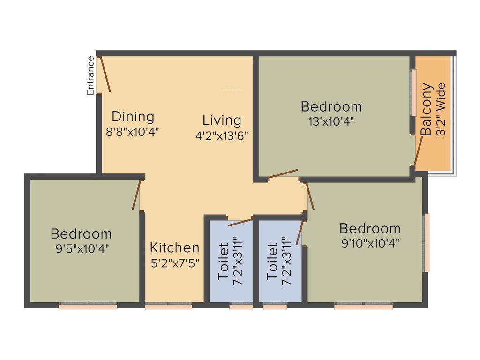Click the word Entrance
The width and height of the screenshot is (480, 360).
(x=90, y=75)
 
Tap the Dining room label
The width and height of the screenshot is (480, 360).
(x=133, y=116)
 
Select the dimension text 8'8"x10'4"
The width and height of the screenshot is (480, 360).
(x=133, y=132)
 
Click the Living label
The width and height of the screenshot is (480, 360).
(x=222, y=120)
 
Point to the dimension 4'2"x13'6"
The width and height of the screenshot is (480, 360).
(x=222, y=136)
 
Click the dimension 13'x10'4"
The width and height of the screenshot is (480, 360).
(x=331, y=121)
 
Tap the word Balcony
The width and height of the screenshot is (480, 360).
(x=426, y=109)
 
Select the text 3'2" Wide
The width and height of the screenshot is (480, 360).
(x=441, y=109)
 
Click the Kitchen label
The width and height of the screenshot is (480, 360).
(x=174, y=247)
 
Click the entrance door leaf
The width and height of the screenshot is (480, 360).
(x=105, y=74)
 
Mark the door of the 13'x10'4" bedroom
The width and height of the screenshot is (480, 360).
(x=283, y=173)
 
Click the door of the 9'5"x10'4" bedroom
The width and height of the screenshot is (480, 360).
(x=136, y=195)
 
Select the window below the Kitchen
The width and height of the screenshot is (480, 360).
(x=168, y=307)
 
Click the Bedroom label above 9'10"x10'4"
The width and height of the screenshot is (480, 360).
(x=370, y=229)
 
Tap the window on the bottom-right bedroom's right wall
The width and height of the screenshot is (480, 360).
(x=426, y=242)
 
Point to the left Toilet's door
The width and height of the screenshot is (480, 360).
(x=240, y=222)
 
